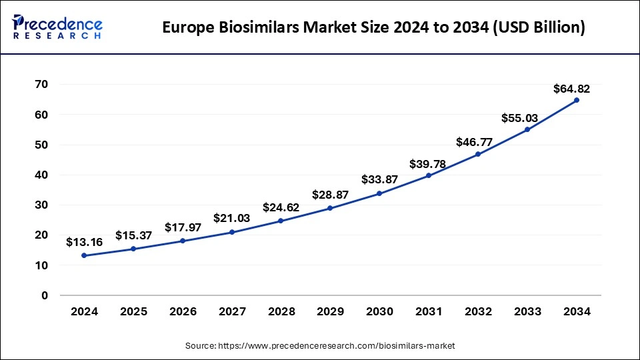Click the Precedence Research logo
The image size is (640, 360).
(57, 27)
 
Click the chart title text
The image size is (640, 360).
(374, 28)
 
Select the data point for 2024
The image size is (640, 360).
(84, 255)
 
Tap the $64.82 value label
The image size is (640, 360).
(571, 89)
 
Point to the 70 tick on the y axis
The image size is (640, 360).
(41, 85)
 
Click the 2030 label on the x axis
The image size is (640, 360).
(380, 312)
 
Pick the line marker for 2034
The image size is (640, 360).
(577, 100)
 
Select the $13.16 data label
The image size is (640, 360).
(84, 243)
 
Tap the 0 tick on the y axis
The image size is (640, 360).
(45, 295)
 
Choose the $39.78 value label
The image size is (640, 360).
(429, 163)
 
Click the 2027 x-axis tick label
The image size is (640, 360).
(232, 312)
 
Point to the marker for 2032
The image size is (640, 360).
(478, 154)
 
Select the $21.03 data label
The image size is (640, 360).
(231, 219)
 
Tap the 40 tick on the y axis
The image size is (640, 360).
(41, 175)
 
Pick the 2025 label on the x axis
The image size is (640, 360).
(133, 312)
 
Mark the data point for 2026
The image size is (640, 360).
(183, 241)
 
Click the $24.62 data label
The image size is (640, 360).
(281, 208)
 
